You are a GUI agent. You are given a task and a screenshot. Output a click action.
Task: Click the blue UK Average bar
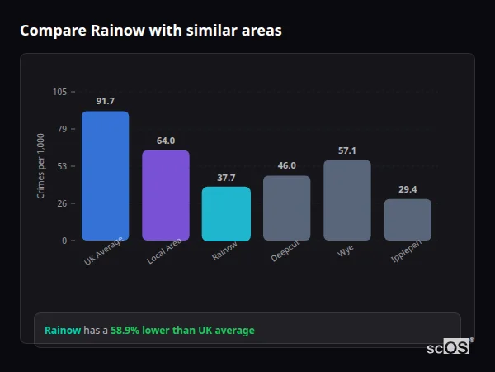105,175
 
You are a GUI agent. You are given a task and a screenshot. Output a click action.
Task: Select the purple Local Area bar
166,195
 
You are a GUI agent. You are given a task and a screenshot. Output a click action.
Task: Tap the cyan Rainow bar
226,213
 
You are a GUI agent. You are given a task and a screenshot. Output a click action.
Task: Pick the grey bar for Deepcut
287,207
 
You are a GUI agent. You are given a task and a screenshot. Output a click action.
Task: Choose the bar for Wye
347,200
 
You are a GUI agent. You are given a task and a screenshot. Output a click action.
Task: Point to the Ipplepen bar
408,219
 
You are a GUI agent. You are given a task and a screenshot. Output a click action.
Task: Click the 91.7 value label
105,101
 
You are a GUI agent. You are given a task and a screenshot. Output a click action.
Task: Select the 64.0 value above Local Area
166,141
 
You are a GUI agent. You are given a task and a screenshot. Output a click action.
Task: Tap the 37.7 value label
226,178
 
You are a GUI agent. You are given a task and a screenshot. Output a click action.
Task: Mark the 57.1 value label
347,150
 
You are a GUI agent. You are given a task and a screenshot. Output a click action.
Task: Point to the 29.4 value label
408,189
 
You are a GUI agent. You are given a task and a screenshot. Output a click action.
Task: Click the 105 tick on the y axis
59,92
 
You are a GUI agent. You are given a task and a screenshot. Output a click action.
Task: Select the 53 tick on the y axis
62,166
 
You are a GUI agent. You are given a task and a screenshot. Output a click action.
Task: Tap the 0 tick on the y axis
64,241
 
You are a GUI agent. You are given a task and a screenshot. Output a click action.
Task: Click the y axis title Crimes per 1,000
41,166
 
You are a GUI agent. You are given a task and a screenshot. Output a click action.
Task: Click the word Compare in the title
48,31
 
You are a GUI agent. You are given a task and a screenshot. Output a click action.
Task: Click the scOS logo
449,347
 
